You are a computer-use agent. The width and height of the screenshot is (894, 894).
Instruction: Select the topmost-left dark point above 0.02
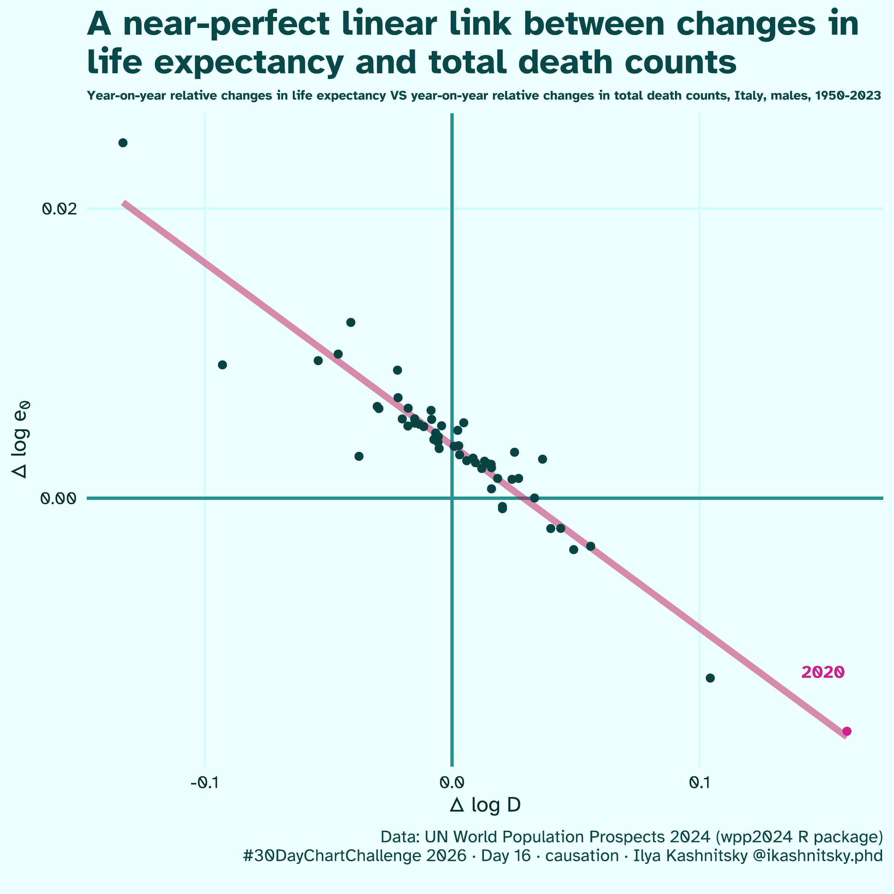point(123,143)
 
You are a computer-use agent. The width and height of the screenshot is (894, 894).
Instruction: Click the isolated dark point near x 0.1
point(710,678)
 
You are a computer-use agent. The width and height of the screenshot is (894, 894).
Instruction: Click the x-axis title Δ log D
point(485,805)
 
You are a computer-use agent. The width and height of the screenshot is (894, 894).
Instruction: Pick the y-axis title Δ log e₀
point(22,440)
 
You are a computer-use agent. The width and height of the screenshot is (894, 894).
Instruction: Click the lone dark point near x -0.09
point(222,365)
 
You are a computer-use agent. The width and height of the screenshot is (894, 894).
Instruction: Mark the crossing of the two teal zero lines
point(451,498)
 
